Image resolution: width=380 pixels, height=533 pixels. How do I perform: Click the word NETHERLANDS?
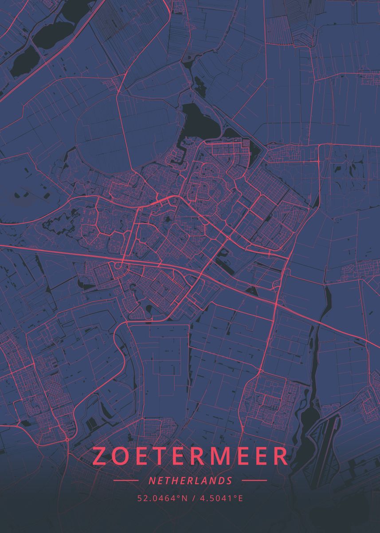(x=190, y=481)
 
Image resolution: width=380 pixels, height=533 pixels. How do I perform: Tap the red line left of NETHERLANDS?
(x=126, y=480)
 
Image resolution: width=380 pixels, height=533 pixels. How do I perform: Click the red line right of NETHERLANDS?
(x=254, y=480)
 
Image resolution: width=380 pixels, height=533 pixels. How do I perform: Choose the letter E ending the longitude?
(x=240, y=498)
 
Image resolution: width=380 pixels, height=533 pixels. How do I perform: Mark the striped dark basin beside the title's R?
(x=322, y=449)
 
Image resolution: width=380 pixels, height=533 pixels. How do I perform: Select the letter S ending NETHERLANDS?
(x=229, y=481)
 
